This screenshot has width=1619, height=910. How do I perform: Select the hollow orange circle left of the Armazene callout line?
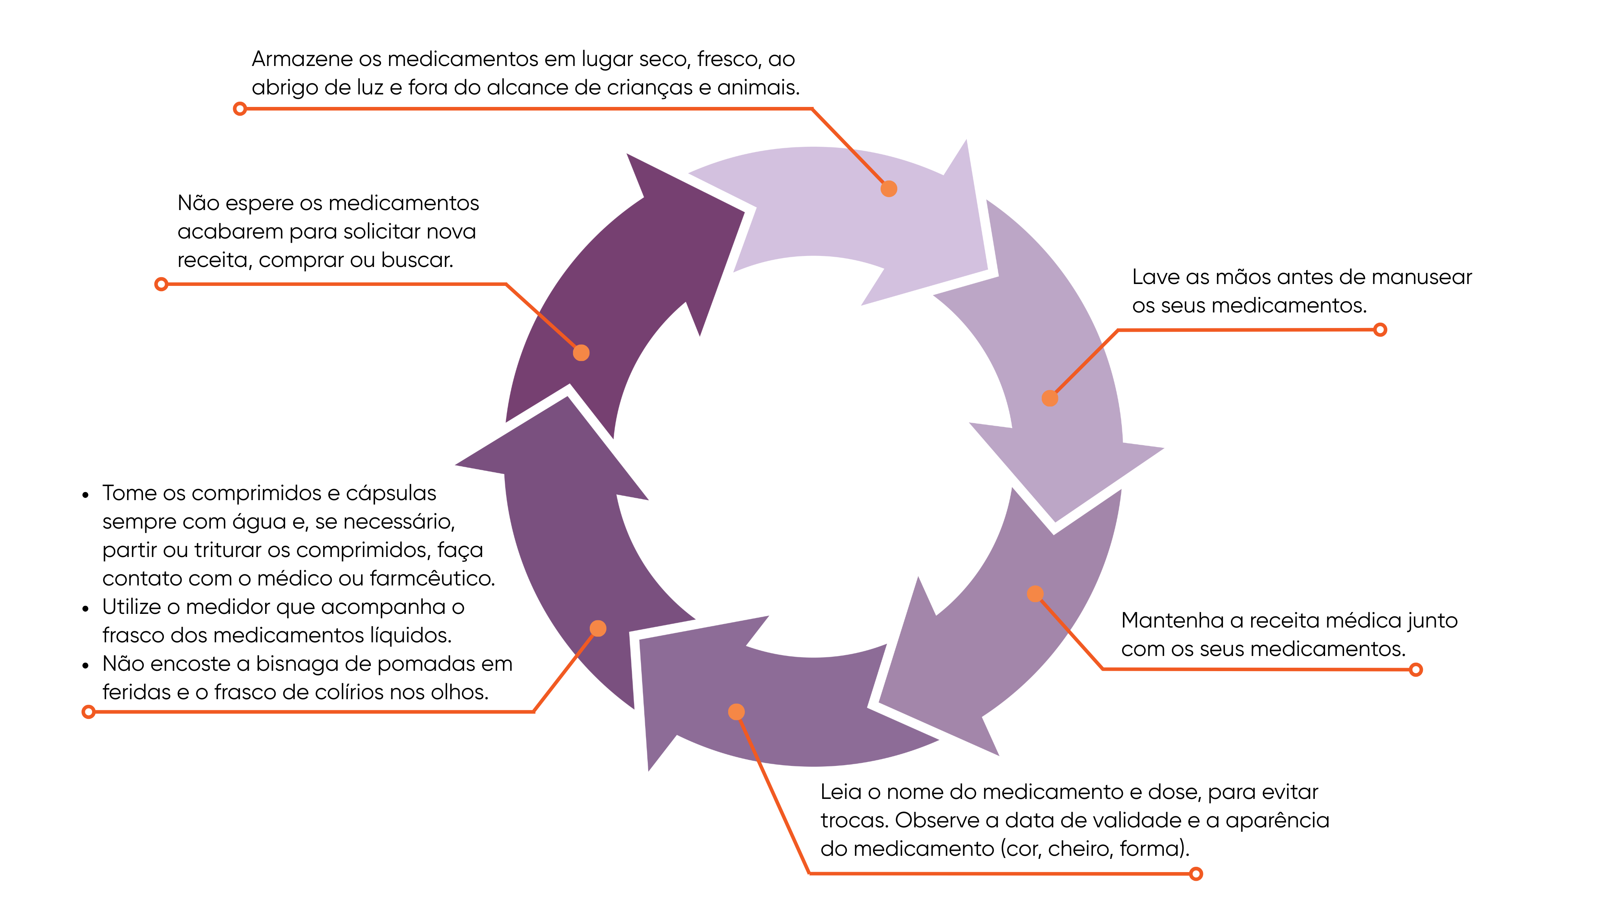(239, 109)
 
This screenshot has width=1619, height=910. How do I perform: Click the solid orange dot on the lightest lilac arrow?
(889, 188)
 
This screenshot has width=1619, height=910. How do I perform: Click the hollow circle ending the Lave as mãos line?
(1380, 330)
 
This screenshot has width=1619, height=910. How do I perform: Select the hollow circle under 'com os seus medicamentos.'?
(1416, 670)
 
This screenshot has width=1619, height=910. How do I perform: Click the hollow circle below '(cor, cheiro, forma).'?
(1196, 874)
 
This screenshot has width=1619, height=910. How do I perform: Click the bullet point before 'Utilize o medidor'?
(85, 608)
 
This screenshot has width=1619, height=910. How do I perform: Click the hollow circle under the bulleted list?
(89, 712)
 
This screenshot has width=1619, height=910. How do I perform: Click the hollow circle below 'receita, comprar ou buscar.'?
(162, 284)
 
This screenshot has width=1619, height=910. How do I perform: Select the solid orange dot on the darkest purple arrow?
(581, 353)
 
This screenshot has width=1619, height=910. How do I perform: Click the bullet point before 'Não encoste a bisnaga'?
(85, 665)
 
